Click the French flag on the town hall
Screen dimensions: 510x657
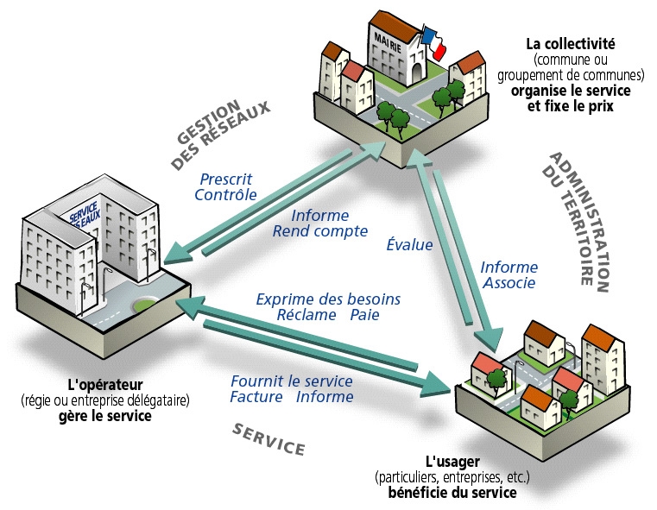click(x=433, y=42)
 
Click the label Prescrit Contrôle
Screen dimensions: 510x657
click(x=226, y=186)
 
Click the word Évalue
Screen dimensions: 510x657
click(x=409, y=245)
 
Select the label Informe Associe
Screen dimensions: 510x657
click(x=509, y=274)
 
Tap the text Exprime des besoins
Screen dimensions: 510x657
click(x=328, y=299)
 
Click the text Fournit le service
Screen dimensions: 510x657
click(x=292, y=381)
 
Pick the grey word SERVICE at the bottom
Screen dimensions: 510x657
click(x=268, y=438)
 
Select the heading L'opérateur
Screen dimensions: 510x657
click(x=104, y=385)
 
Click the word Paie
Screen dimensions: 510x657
click(x=364, y=315)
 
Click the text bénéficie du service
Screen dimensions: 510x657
click(x=452, y=492)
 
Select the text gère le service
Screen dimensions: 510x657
click(x=104, y=416)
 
